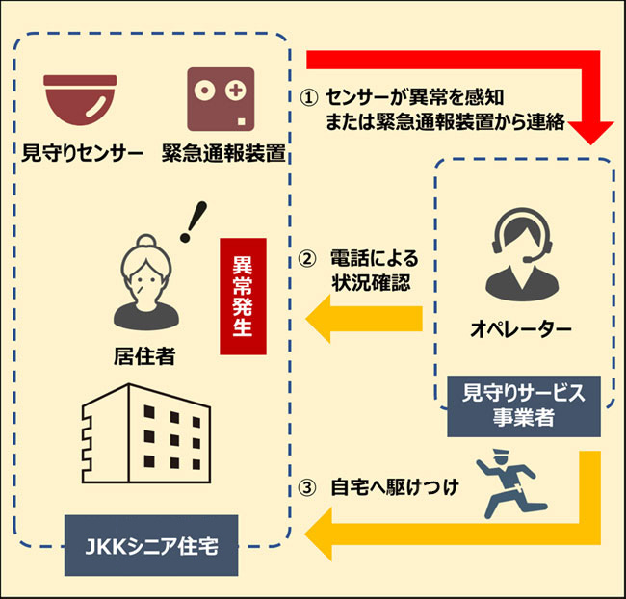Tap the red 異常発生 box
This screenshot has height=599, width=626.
(243, 297)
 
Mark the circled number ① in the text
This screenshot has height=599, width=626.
(307, 97)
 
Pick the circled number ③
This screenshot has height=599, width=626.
(307, 486)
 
